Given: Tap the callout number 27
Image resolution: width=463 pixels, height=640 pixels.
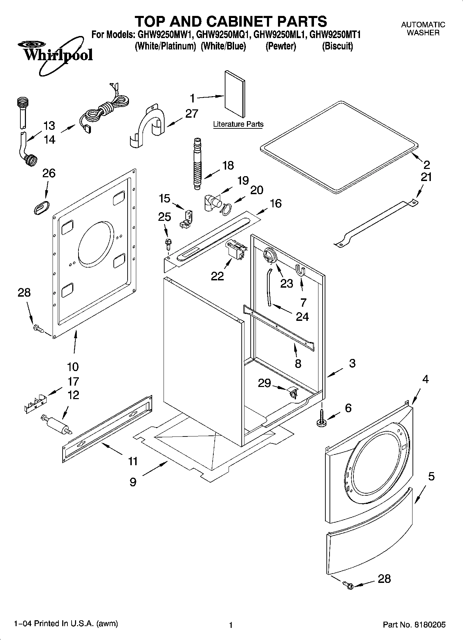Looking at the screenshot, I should coord(192,114).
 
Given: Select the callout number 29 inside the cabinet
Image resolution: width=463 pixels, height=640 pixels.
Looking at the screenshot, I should coord(265,383).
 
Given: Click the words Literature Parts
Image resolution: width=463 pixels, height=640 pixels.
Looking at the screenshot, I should coord(238,124).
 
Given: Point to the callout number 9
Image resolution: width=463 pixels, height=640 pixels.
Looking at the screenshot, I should coord(133,482).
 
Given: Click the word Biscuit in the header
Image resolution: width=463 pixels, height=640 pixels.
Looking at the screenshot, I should coord(337,46).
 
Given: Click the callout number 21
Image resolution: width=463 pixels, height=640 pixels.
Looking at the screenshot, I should coord(426,177).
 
